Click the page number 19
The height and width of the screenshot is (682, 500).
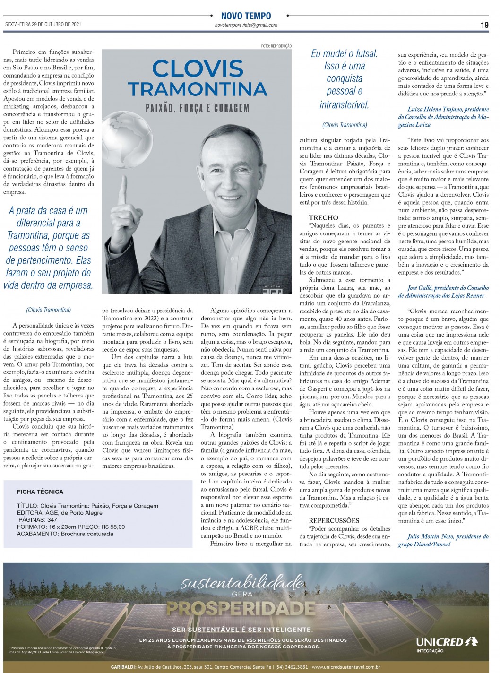point(484,26)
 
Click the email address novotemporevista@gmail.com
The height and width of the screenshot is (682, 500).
point(246,25)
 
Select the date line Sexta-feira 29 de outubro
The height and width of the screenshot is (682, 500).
point(43,25)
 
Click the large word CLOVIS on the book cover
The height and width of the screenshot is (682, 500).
point(198,69)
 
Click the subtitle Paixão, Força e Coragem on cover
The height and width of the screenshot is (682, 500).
point(197,108)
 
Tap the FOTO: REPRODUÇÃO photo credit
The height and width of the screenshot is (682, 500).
point(276,46)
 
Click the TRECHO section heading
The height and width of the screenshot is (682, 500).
point(323,217)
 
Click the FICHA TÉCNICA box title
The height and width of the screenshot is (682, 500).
point(40,492)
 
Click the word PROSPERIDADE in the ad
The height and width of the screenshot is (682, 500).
point(241,608)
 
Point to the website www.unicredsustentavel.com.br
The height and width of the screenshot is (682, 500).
point(346,667)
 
